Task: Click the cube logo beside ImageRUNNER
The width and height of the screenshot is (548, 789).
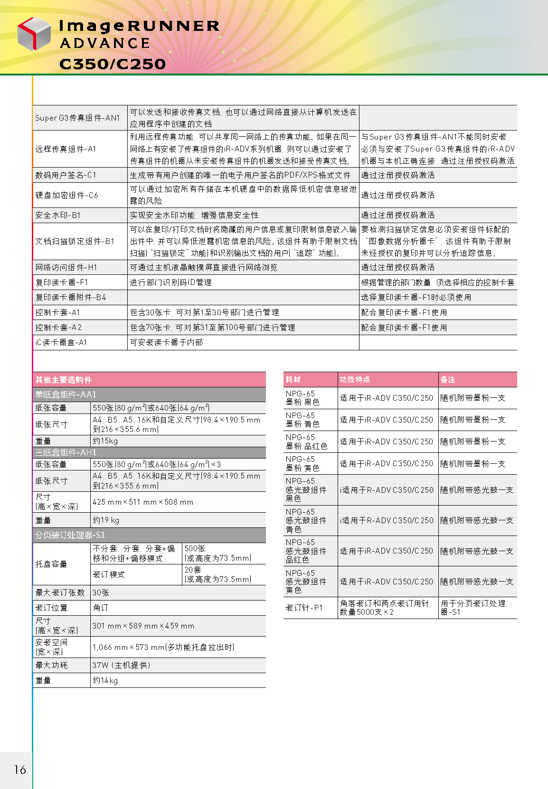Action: pos(34,34)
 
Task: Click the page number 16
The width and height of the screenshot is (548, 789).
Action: pos(20,769)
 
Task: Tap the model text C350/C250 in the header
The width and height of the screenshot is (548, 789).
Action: pos(113,64)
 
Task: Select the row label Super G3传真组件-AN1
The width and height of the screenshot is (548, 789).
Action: pos(77,118)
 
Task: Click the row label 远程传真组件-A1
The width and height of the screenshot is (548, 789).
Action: pos(66,149)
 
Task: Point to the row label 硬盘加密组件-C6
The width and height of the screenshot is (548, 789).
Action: pos(66,195)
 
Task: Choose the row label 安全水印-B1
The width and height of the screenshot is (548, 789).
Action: pos(58,215)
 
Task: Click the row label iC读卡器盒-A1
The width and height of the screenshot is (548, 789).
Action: pos(61,342)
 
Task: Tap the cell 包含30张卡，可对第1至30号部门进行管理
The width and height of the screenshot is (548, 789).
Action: pos(205,312)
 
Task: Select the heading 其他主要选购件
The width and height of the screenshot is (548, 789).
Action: pos(64,380)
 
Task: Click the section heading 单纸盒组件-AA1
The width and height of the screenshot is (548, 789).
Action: pos(66,394)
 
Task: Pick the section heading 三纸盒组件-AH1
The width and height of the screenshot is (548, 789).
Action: pos(66,452)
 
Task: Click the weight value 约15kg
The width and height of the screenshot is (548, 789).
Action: pos(105,441)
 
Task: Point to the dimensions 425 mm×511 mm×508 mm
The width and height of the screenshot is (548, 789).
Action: pos(143,502)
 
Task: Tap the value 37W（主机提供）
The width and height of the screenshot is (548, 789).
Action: pos(122,665)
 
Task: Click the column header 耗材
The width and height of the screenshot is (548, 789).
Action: pos(293,380)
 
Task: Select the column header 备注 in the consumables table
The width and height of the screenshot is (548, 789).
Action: pos(448,380)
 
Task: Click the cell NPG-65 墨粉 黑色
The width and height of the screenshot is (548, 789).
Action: pos(302,398)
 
